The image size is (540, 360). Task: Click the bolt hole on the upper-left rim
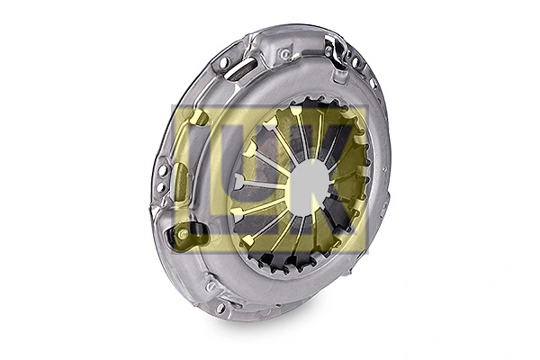(x=223, y=62)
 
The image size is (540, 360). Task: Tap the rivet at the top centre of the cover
(x=285, y=54)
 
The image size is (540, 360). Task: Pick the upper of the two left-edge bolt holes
(x=163, y=170)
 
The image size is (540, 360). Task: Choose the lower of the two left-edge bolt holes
(x=160, y=187)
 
